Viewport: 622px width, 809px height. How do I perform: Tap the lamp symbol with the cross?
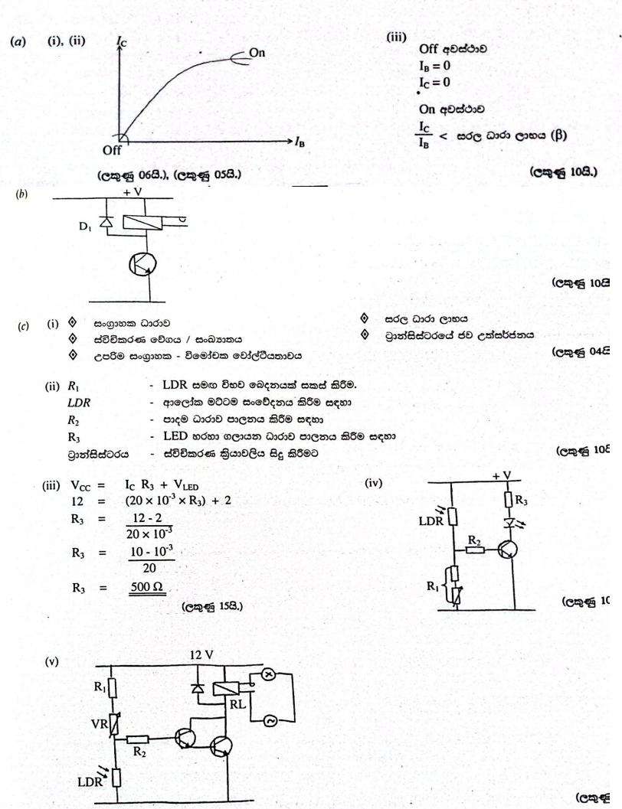[290, 659]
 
